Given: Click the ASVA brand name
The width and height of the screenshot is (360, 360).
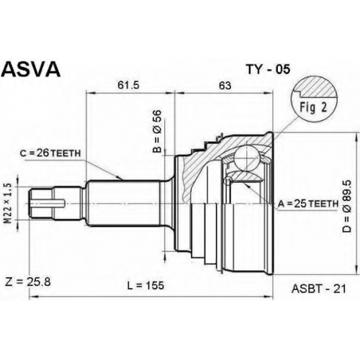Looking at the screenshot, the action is click(31, 69).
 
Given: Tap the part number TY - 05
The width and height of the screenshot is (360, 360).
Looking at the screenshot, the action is click(268, 70).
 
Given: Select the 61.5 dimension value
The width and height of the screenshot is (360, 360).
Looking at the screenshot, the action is click(129, 85).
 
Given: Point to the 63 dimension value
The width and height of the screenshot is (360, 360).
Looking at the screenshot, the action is click(225, 86).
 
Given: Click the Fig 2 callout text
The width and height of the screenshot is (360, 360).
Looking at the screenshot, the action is click(313, 107).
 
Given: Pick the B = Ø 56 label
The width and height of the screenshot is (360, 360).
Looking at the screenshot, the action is click(158, 132).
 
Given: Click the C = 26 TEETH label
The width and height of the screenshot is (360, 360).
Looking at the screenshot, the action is click(50, 153).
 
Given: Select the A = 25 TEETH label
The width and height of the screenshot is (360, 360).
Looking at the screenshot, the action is click(308, 204).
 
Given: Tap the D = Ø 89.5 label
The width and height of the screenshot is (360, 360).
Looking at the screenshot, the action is click(347, 206).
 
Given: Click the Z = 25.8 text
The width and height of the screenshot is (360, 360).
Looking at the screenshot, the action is click(28, 282).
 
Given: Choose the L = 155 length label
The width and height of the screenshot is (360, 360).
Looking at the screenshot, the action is click(145, 285).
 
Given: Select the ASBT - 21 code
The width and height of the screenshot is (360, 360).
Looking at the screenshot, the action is click(319, 289).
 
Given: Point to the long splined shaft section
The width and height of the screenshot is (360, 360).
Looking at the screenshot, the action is click(124, 203).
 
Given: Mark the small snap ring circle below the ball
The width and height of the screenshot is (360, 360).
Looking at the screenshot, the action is click(228, 181).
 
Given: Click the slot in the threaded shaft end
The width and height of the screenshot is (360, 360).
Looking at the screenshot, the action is click(48, 203).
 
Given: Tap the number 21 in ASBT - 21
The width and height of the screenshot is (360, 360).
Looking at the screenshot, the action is click(341, 289).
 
